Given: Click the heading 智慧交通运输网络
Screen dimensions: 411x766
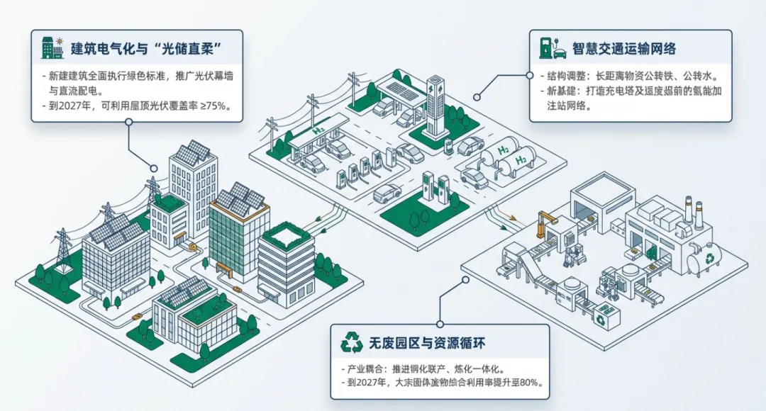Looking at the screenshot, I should pos(624,49).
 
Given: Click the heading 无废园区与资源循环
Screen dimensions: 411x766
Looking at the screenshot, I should pos(425,344).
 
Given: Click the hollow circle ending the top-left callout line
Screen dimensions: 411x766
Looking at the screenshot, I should pos(128,121).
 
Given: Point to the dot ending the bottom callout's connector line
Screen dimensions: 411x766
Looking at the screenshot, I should pos(465,279).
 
